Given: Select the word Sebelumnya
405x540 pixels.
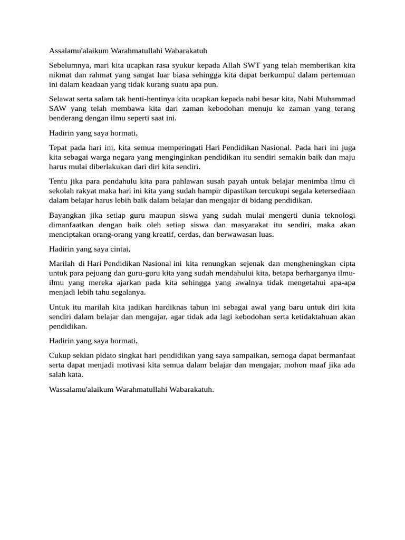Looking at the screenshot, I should [x=70, y=65].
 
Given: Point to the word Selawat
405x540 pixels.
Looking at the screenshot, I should [x=62, y=99].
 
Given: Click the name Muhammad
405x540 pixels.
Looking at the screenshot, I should [x=335, y=99].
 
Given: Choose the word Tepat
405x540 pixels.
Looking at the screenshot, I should [x=59, y=147].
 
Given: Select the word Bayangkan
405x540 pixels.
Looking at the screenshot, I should [x=67, y=215].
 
